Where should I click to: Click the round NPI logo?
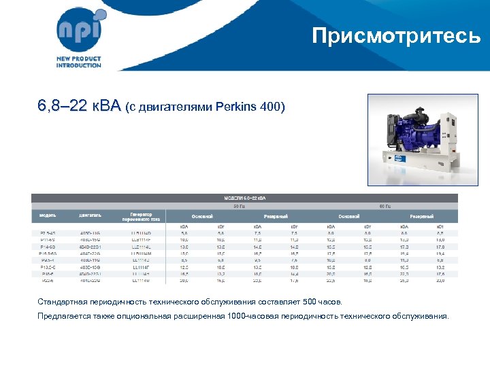[80, 31]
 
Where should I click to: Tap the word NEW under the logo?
[65, 59]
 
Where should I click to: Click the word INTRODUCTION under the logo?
[79, 65]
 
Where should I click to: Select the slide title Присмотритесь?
[396, 35]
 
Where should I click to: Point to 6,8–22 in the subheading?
[62, 106]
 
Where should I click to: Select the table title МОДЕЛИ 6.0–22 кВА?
[245, 198]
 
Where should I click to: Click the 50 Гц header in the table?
[240, 205]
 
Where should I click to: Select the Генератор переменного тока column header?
[142, 217]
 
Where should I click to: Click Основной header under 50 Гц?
[202, 216]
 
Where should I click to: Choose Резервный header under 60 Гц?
[421, 216]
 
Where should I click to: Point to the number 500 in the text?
[308, 301]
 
